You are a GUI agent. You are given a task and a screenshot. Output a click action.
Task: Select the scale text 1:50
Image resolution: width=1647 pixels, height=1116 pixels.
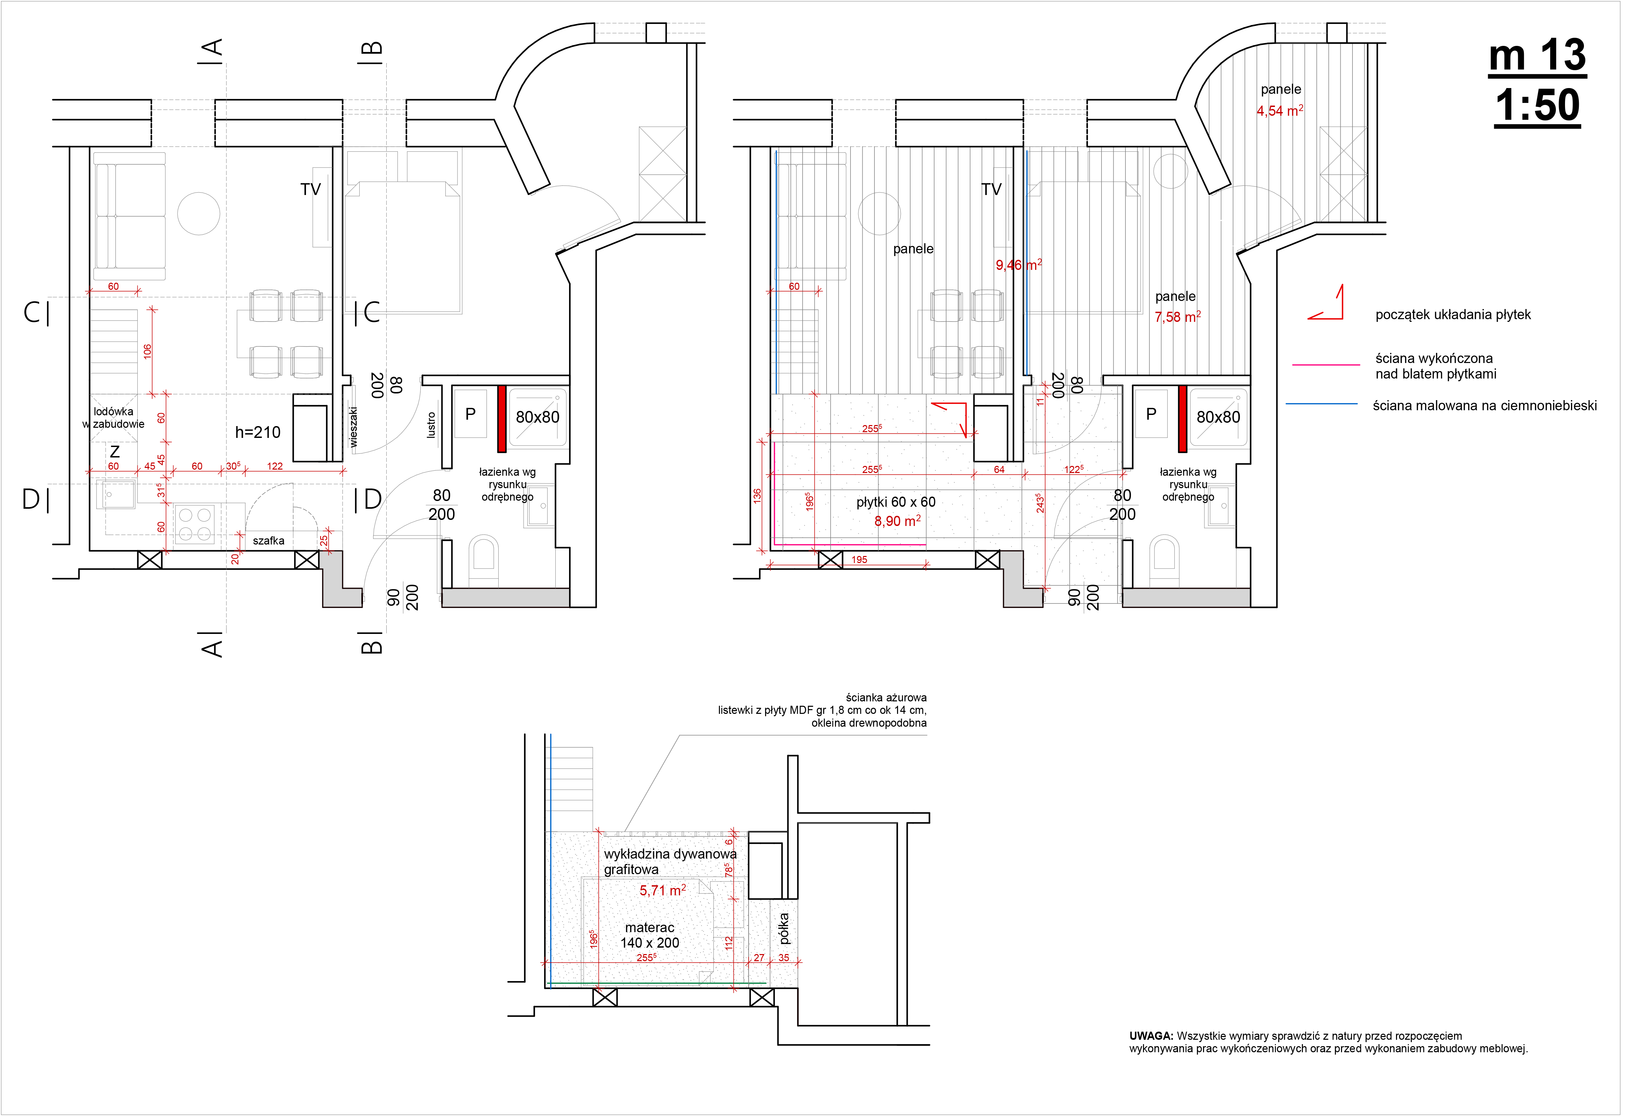[1536, 106]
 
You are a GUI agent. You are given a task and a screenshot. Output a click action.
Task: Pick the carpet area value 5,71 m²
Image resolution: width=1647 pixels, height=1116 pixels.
[662, 890]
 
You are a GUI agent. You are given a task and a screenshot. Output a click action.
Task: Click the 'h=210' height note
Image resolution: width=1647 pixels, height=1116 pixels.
[257, 432]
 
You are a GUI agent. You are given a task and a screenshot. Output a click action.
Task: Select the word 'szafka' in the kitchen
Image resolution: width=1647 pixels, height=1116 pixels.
[269, 541]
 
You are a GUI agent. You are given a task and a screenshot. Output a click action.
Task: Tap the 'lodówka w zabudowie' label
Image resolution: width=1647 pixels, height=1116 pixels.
[113, 417]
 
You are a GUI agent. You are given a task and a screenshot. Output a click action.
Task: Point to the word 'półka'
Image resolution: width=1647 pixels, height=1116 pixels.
[783, 928]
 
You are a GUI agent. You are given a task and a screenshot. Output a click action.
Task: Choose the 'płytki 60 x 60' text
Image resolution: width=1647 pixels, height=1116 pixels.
[896, 502]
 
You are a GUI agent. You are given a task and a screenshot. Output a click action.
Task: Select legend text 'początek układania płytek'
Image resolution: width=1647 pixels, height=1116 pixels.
[1452, 315]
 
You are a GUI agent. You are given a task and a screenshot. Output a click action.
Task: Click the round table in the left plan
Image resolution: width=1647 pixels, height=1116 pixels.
[198, 213]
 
